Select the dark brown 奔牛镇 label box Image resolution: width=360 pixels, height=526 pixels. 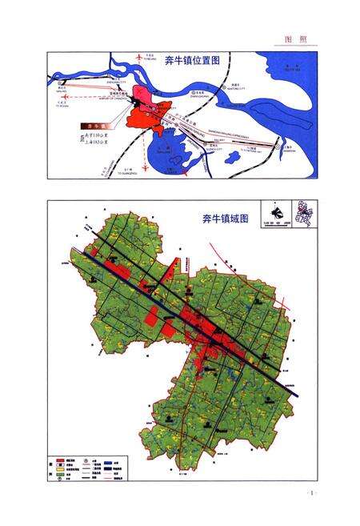[x=95, y=126]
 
